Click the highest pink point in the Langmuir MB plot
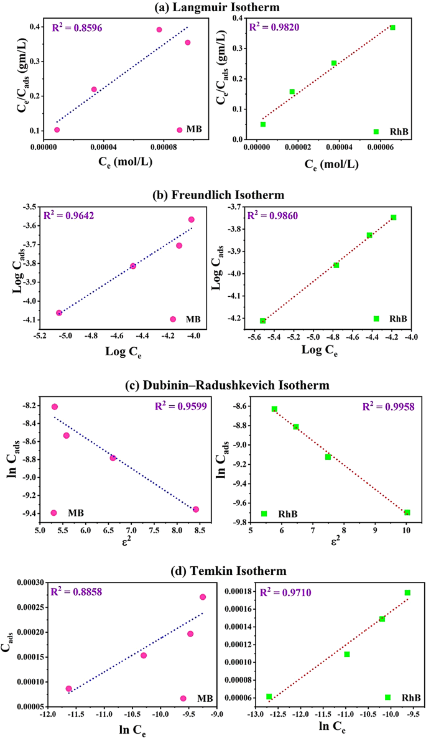tap(159, 30)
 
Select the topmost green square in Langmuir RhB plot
tap(392, 27)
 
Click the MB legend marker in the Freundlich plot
tap(173, 319)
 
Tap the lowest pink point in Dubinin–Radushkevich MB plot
tap(196, 509)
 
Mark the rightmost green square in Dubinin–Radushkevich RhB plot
tap(407, 512)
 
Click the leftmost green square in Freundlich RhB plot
tap(263, 320)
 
